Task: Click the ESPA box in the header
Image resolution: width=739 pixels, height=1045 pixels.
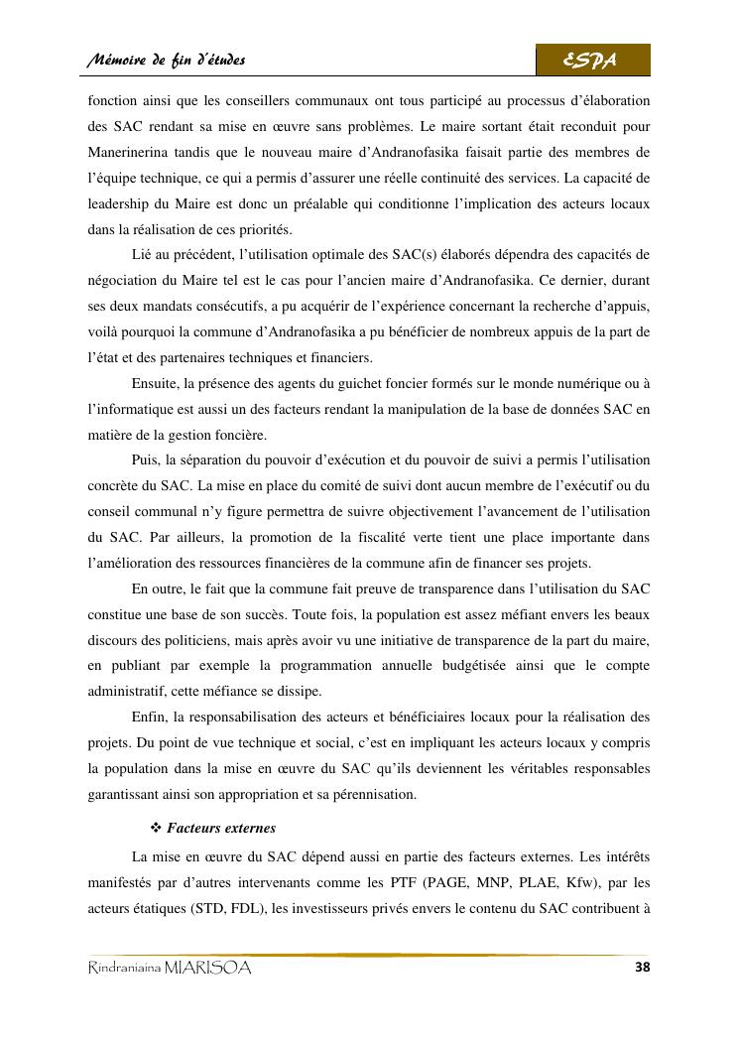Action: [x=592, y=61]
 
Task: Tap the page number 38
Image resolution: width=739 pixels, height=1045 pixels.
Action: [x=641, y=968]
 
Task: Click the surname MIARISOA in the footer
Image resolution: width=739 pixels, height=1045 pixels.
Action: [x=208, y=969]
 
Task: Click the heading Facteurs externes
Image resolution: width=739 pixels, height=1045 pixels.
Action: [x=221, y=828]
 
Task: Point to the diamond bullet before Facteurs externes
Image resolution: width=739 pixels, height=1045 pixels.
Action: [x=155, y=828]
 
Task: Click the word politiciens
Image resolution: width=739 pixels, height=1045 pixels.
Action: [x=222, y=639]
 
